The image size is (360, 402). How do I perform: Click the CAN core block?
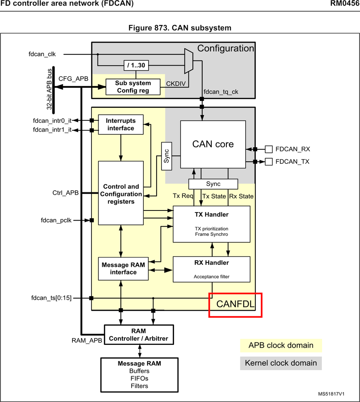(213, 144)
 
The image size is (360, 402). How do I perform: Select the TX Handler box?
(211, 224)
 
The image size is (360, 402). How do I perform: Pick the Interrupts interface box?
(121, 124)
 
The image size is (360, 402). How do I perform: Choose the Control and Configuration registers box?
(121, 193)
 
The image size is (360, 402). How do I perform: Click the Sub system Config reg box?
(132, 87)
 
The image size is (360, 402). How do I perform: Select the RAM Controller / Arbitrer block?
(139, 335)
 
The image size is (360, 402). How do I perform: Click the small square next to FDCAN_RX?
(269, 149)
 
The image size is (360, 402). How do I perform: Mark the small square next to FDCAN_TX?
(269, 162)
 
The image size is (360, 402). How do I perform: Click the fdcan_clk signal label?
(39, 54)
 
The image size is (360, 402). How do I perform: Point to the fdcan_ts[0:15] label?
(51, 298)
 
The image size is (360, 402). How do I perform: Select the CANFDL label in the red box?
(235, 305)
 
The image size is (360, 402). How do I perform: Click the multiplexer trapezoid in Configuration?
(188, 61)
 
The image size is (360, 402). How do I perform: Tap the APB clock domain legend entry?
(281, 345)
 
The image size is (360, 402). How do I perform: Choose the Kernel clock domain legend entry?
(281, 363)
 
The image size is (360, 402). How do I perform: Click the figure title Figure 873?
(180, 28)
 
